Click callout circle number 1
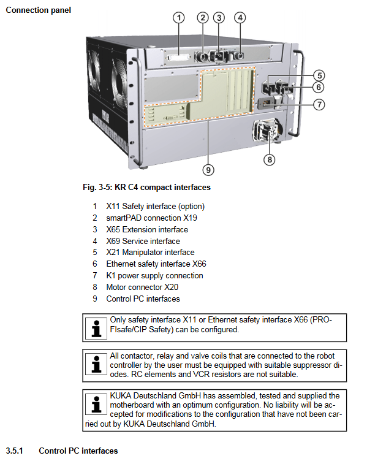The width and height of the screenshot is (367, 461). [x=179, y=18]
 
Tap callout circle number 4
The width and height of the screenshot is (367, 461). [x=240, y=18]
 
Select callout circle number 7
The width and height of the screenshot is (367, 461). [x=319, y=104]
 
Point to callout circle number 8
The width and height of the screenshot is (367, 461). [x=270, y=160]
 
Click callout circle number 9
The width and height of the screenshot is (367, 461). [x=208, y=170]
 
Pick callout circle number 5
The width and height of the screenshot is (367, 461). [x=319, y=75]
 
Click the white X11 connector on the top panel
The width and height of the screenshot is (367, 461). [x=178, y=58]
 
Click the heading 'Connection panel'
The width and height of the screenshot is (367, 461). [x=38, y=10]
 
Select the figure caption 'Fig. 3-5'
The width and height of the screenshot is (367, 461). [x=97, y=188]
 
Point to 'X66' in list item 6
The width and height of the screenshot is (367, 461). [x=199, y=264]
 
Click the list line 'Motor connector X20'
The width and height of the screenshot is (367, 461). [x=142, y=287]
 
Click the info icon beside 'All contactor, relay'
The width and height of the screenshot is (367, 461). [x=96, y=364]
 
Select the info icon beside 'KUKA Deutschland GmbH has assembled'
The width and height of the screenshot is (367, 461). [x=96, y=404]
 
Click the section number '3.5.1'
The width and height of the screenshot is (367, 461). [x=14, y=451]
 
